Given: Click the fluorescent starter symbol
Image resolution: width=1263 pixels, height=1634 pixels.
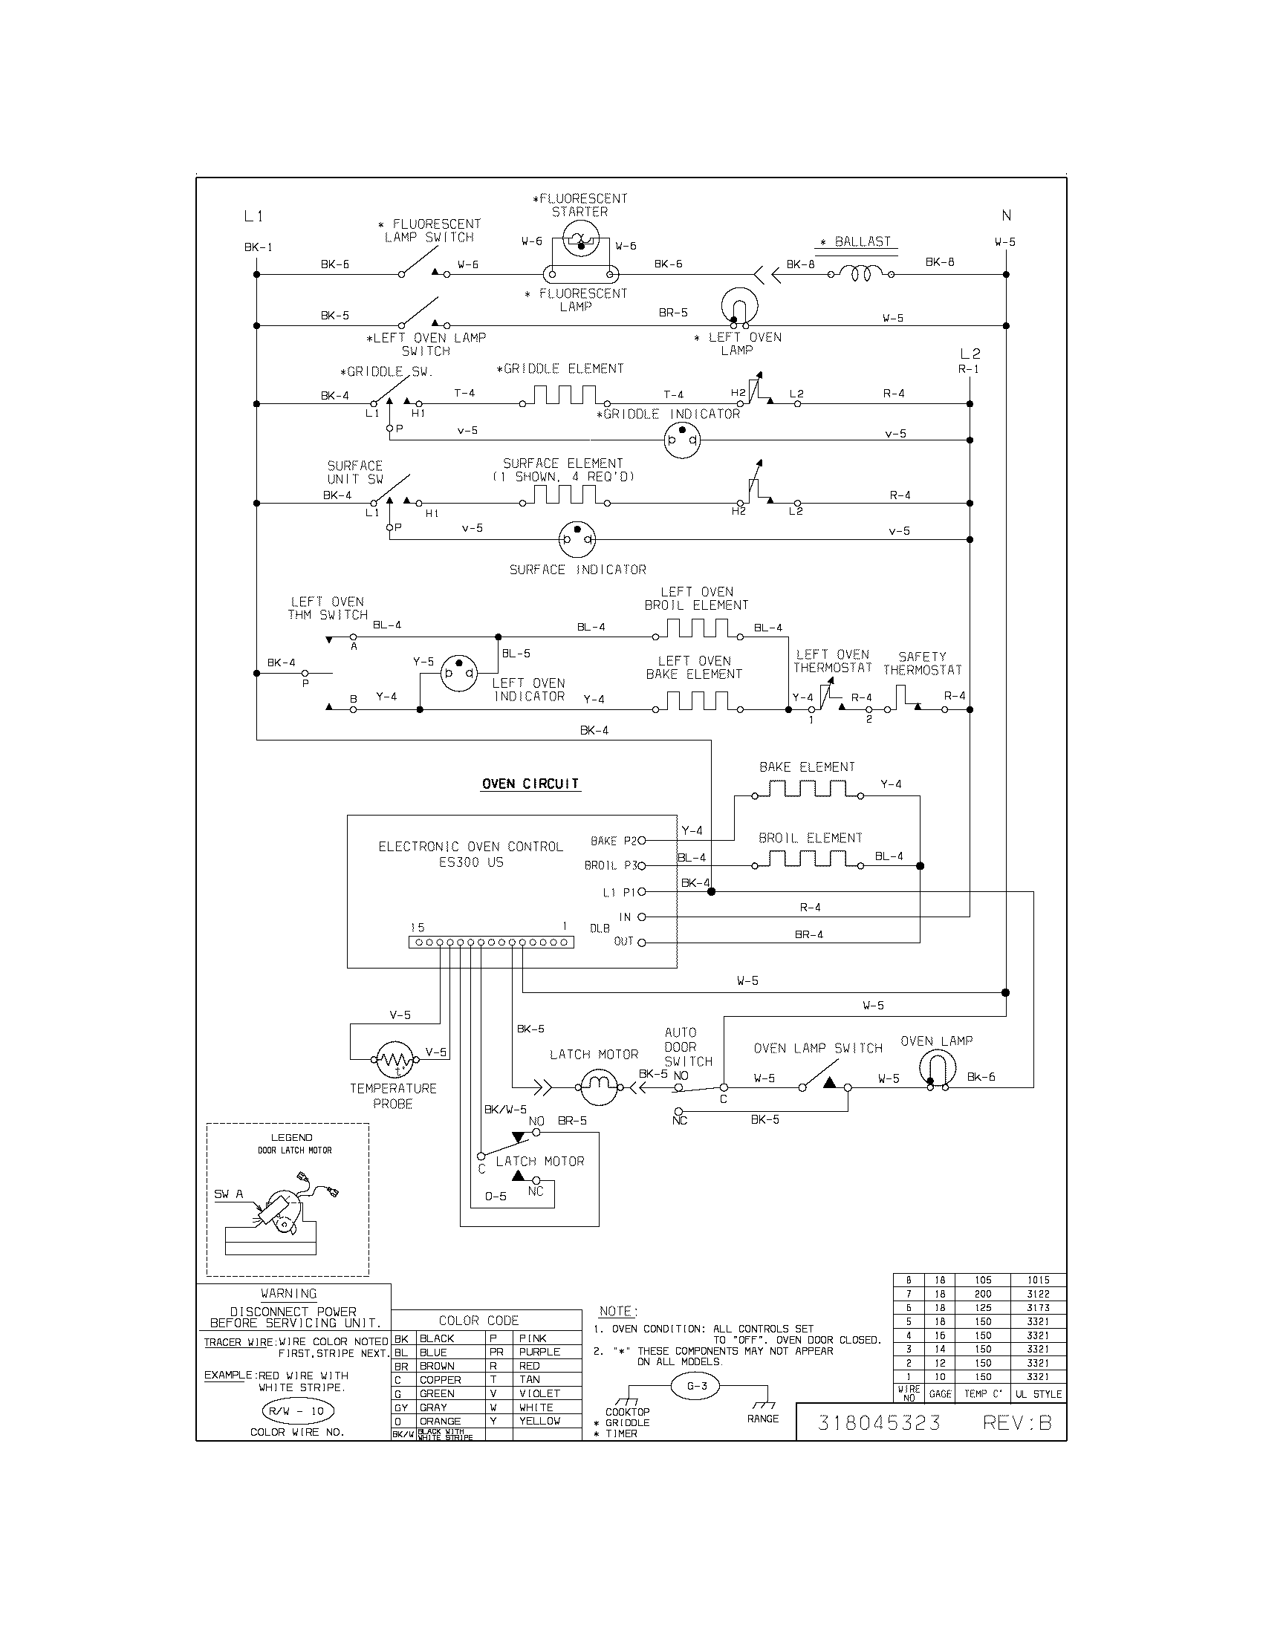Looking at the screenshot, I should coord(581,241).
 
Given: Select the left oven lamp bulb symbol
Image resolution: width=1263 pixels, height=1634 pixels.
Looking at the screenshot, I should coord(739,307).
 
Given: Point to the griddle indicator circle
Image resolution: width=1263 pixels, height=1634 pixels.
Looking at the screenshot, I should coord(682,440).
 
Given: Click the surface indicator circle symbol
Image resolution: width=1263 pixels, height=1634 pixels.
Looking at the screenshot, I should coord(577,539).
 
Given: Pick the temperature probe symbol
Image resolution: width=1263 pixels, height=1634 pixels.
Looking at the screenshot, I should coord(393,1059).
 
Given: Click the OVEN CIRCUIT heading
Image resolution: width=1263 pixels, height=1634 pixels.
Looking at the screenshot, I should coord(530,784).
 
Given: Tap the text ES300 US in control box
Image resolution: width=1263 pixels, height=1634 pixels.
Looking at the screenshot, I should coord(470,862).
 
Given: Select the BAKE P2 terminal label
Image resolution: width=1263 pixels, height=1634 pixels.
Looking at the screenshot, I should coord(613,841).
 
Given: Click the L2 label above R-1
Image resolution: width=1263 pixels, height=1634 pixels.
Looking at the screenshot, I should coord(970,353).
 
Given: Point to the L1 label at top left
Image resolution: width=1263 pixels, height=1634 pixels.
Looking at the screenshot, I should coord(253,216).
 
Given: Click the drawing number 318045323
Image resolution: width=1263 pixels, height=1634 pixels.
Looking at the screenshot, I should coord(878,1422).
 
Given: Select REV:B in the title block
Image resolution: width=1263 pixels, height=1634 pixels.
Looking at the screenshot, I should coord(1017,1422).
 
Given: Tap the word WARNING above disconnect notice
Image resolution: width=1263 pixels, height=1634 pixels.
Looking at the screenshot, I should coord(289,1294).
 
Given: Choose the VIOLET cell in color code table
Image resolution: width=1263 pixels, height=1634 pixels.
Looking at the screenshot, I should coord(539,1393).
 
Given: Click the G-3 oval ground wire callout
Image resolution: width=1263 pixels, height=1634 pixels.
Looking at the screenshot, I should coord(697,1386).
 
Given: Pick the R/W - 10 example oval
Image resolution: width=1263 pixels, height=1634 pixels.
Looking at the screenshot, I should coord(296,1411).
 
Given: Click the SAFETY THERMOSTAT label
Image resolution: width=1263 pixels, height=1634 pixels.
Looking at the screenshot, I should coord(922,663).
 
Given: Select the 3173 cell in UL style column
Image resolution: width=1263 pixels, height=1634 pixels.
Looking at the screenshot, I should coord(1038,1307).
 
